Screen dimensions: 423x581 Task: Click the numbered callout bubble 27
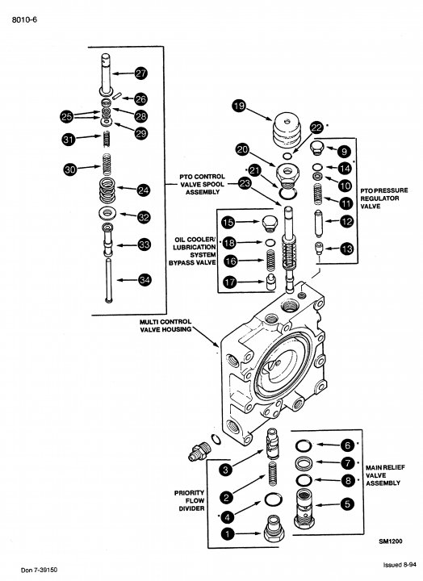tap(141, 73)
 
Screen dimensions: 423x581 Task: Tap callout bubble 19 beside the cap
tap(239, 107)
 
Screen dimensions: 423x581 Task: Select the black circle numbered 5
tap(347, 504)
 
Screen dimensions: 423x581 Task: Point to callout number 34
tap(144, 280)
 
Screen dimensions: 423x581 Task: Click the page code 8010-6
tap(24, 19)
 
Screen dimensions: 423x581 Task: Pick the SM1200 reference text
tap(391, 541)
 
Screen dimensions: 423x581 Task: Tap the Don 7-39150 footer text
tap(40, 570)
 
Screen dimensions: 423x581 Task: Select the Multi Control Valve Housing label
tap(165, 325)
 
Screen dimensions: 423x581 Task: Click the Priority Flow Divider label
tap(190, 500)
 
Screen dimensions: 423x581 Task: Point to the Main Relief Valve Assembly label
tap(385, 475)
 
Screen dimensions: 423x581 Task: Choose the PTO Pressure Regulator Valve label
tap(383, 198)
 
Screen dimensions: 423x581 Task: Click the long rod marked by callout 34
tap(109, 281)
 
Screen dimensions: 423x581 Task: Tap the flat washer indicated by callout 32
tap(107, 213)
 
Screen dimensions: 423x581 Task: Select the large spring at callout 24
tap(107, 190)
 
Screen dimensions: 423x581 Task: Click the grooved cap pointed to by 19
tap(287, 130)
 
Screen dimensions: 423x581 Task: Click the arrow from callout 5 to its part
tap(328, 504)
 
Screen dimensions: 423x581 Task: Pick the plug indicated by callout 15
tap(270, 224)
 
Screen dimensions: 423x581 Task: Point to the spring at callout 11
tap(318, 194)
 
